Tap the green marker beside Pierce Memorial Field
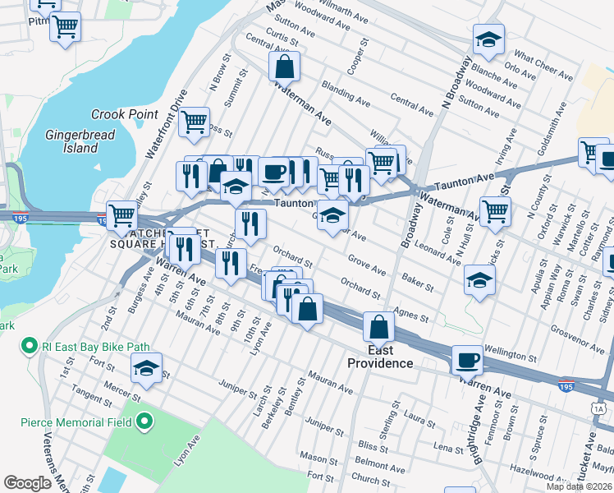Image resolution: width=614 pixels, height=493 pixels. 145,423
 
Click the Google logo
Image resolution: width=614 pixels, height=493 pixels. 27,483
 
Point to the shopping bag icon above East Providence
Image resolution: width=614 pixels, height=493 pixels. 379,326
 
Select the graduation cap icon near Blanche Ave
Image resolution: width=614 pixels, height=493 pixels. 488,39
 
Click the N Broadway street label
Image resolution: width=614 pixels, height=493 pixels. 456,83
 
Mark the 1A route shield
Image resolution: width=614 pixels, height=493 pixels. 598,408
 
